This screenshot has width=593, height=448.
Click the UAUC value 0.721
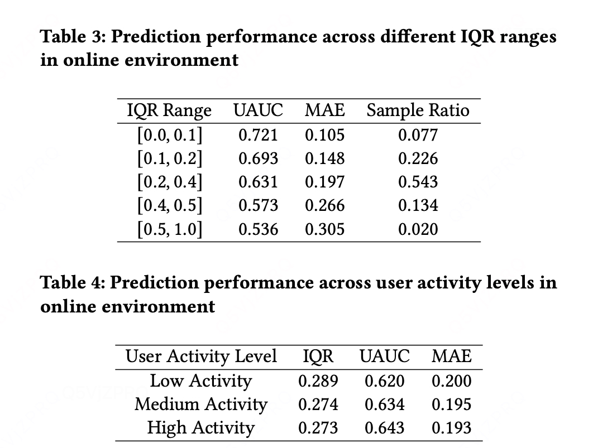coord(259,135)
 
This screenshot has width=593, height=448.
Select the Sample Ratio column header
coord(418,110)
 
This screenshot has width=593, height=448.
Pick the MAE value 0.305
coord(325,229)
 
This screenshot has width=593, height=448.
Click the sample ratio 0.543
coord(418,182)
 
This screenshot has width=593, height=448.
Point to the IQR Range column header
coord(169,110)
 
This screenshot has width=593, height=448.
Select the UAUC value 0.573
coord(259,205)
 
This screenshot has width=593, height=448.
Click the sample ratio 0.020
coord(418,229)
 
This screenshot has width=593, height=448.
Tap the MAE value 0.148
coord(325,158)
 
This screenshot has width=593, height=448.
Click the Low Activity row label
coord(201,380)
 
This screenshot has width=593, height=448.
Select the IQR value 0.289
coord(318,380)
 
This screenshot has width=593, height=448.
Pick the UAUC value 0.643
coord(385,427)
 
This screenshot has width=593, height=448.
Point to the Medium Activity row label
coord(201,404)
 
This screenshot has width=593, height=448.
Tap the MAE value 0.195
coord(452,404)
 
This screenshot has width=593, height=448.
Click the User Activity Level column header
coord(201,356)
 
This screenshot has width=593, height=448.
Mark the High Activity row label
coord(201,428)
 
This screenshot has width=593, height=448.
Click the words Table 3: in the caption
coord(73,37)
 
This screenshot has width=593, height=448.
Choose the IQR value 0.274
coord(318,404)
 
